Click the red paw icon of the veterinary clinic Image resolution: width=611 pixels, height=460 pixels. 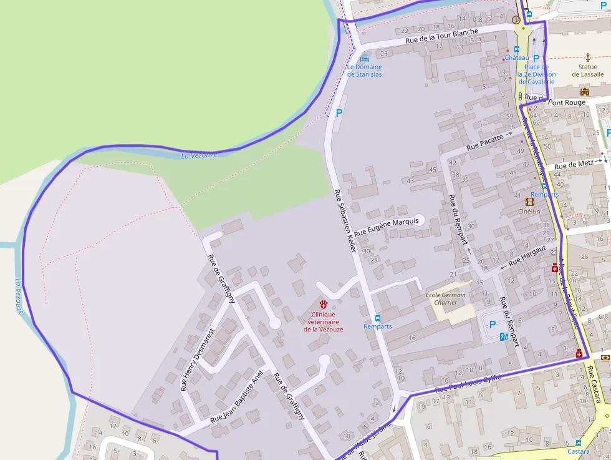point(323,303)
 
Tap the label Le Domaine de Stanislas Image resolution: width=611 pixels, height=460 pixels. point(365,71)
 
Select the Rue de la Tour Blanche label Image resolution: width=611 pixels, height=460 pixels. point(441,36)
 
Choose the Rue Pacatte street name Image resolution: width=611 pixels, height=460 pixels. point(484,142)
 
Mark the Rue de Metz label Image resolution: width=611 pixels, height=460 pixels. point(574,165)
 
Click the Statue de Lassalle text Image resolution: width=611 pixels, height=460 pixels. point(588,71)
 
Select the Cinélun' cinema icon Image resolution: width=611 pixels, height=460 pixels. point(530,202)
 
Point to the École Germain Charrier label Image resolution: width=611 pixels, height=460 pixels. point(446,298)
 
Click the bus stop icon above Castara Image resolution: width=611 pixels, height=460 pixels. point(578,443)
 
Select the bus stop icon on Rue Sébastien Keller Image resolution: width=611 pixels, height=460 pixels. point(378,318)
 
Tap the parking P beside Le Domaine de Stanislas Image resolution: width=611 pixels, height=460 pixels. point(339,113)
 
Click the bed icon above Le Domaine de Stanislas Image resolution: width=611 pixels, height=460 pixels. point(365,57)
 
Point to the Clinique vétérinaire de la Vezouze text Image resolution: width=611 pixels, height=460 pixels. point(323,321)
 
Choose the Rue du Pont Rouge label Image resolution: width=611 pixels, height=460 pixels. point(556,102)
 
